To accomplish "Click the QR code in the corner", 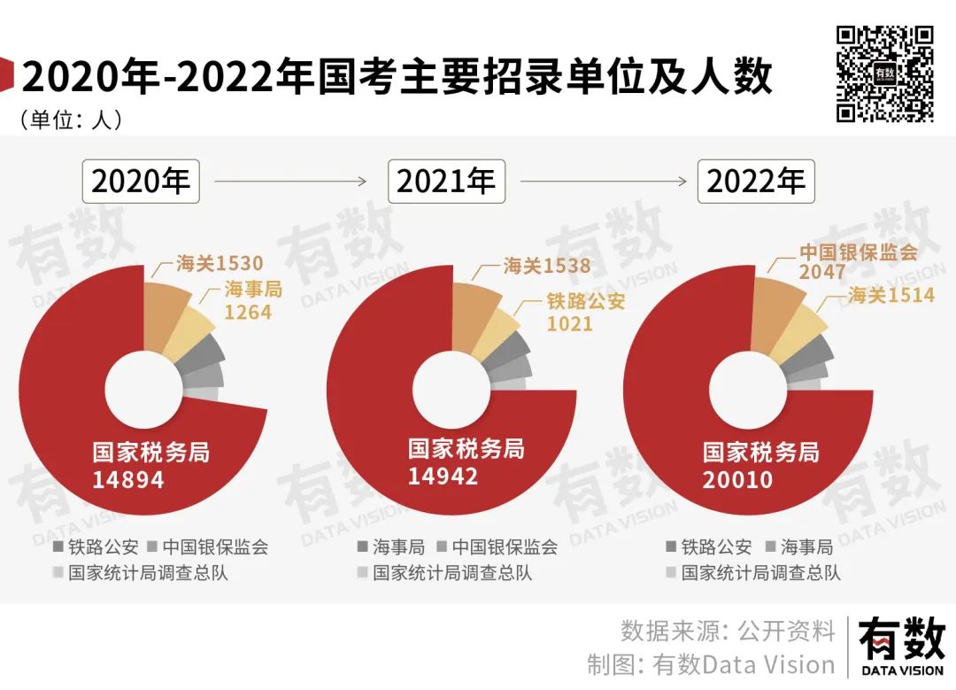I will (885, 74).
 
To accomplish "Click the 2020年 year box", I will (142, 182).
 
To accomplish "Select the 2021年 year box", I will (446, 182).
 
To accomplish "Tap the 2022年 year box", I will (757, 182).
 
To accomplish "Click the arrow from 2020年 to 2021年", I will (290, 182).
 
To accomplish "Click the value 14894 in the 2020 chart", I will (128, 479).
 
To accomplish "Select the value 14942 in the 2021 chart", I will (443, 476).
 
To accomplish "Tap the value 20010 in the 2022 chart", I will (738, 479).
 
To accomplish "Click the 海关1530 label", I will (219, 263).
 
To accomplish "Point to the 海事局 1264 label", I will (251, 300).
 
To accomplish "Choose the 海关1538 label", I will (546, 265).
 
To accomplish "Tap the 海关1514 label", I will (890, 295).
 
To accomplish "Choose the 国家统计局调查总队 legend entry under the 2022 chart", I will (752, 572).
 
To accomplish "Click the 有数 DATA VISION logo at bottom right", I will (901, 645).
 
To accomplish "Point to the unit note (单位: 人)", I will (70, 120).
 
